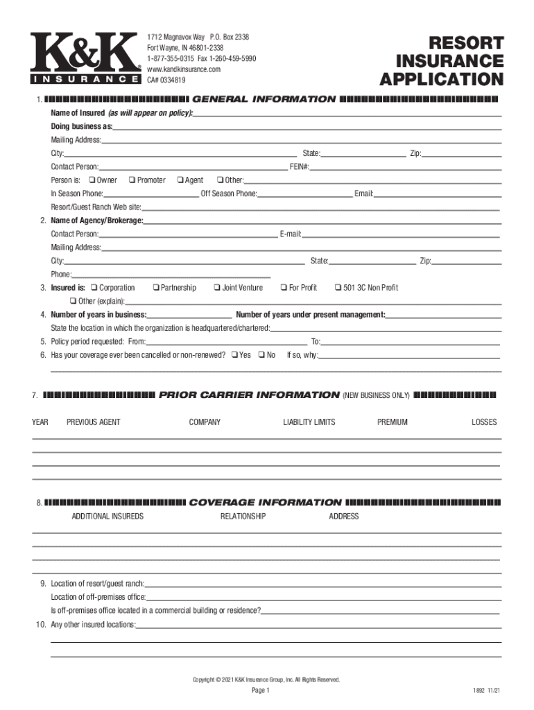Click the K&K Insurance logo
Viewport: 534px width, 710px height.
[x=83, y=59]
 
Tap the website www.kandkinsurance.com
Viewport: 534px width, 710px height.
[x=184, y=69]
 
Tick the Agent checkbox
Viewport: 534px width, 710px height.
[x=180, y=180]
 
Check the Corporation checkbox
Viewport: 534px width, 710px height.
[x=95, y=288]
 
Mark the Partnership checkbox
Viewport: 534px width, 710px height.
[x=156, y=288]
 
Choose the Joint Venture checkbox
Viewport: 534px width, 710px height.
[x=218, y=288]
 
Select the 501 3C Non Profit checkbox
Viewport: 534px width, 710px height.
[x=338, y=288]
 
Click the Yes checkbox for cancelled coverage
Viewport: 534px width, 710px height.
[x=234, y=355]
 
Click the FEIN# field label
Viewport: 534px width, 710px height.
[x=300, y=167]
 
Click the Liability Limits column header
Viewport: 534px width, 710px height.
[x=309, y=422]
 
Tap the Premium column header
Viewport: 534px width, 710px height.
[x=393, y=422]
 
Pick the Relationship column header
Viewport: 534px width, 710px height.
[x=243, y=517]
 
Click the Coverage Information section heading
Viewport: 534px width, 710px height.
[x=265, y=503]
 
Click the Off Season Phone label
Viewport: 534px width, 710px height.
[x=229, y=193]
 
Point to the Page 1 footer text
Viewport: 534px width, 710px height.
[x=261, y=691]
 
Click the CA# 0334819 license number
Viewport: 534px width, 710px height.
[x=166, y=80]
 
